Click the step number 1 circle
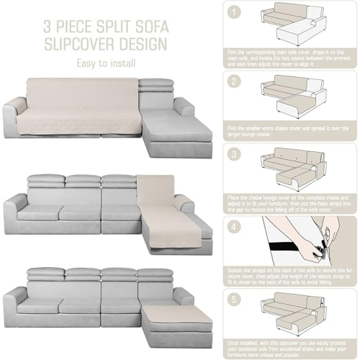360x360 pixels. (x=233, y=12)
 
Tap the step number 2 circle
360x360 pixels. (x=233, y=82)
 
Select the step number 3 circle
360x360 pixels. (x=233, y=153)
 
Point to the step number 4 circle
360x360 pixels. (x=233, y=225)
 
